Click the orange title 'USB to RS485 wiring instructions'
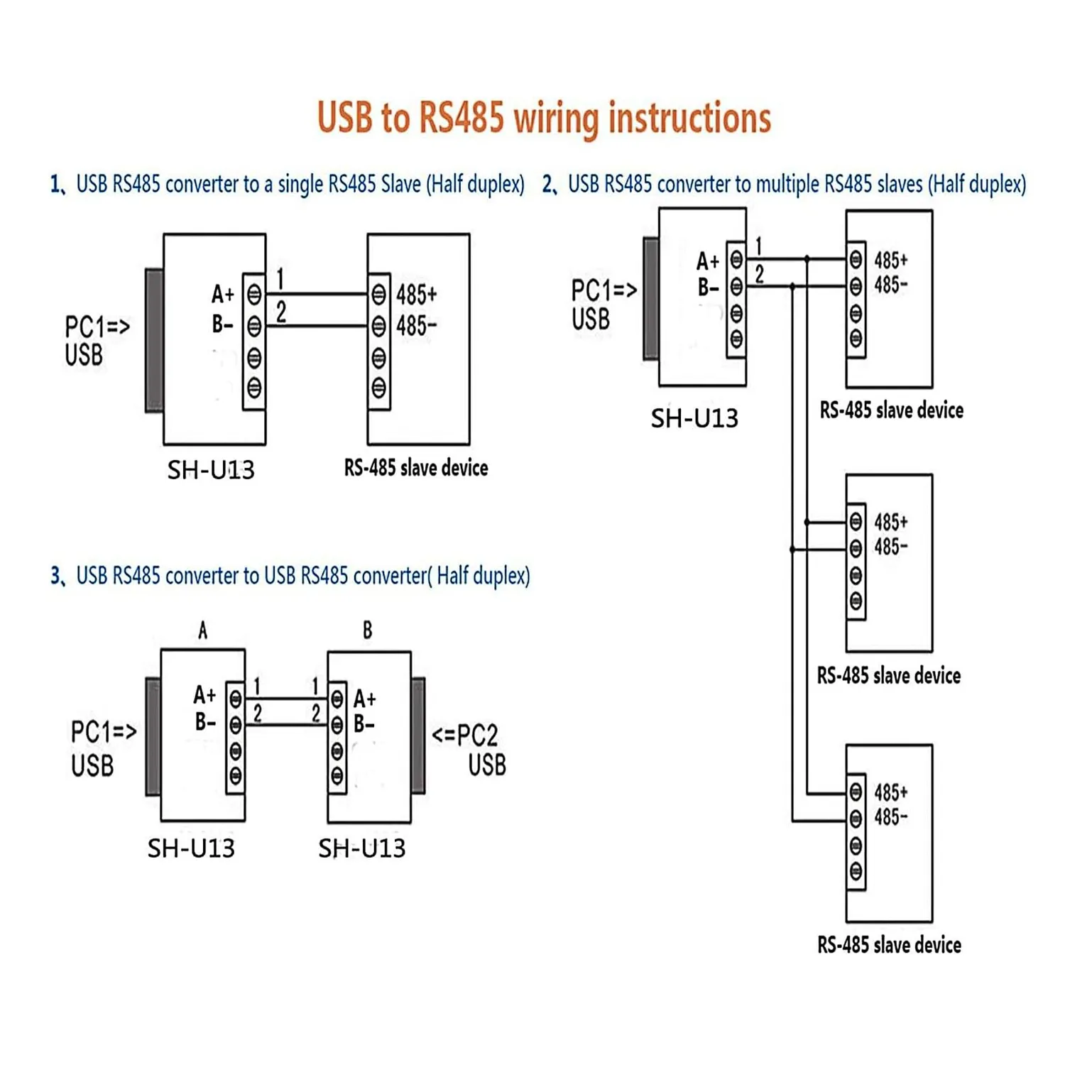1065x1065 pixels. tap(544, 118)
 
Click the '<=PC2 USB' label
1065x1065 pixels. tap(469, 750)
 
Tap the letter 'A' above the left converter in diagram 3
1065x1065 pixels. tap(203, 630)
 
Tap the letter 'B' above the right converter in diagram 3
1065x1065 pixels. tap(367, 630)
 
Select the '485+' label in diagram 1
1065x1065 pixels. tap(417, 294)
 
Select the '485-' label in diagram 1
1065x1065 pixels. tap(417, 326)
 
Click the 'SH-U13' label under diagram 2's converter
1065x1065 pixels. tap(694, 418)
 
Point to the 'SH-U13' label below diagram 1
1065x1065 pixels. tap(211, 469)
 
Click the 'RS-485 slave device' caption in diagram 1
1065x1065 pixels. tap(416, 467)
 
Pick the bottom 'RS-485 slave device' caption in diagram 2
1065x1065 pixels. tap(889, 944)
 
